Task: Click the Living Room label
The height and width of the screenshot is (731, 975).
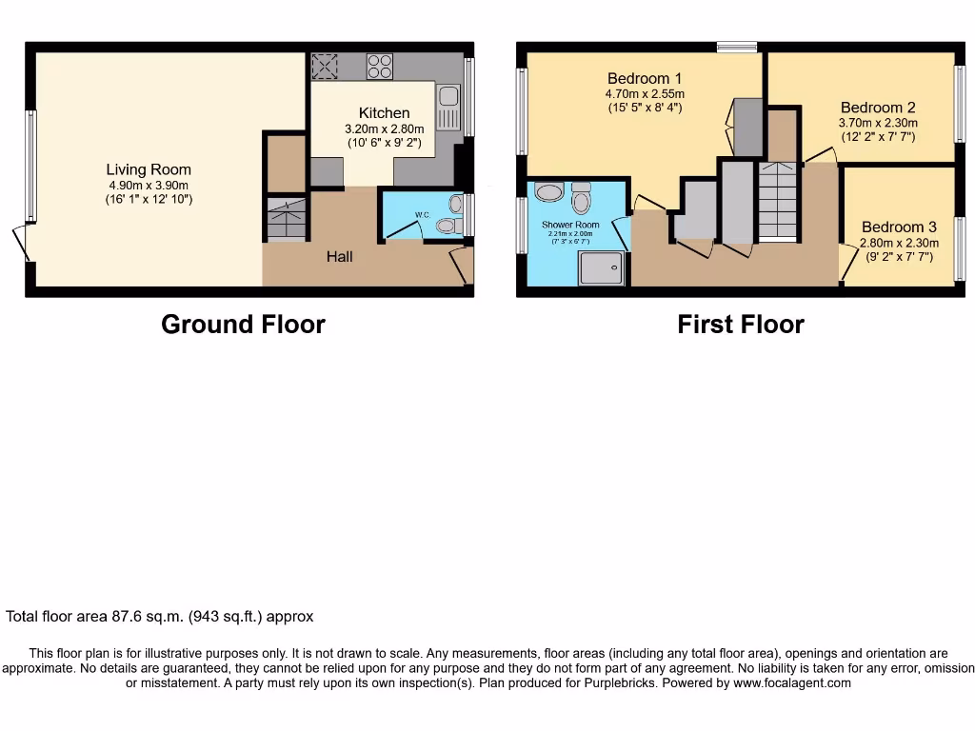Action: click(x=148, y=169)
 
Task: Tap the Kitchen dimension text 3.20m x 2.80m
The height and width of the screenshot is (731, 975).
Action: click(x=384, y=129)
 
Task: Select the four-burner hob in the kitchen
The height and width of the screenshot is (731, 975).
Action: click(x=380, y=66)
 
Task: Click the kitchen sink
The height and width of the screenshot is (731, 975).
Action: click(x=448, y=108)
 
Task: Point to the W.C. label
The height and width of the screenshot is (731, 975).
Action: click(x=421, y=215)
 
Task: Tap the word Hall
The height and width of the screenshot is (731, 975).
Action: click(x=340, y=256)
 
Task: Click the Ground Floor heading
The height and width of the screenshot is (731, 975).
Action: click(x=243, y=325)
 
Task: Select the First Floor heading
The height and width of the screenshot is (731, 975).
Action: click(x=740, y=325)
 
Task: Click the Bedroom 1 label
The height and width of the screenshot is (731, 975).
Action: click(x=645, y=78)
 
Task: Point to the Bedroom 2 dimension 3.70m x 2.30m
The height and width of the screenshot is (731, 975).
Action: click(x=878, y=123)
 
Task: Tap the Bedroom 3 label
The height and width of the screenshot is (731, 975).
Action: click(x=899, y=227)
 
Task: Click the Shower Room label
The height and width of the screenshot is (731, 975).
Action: click(x=570, y=225)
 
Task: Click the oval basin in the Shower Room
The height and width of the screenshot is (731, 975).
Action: click(x=549, y=192)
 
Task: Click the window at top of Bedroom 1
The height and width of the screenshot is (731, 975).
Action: click(x=737, y=47)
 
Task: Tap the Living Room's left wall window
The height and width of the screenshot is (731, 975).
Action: click(x=31, y=167)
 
